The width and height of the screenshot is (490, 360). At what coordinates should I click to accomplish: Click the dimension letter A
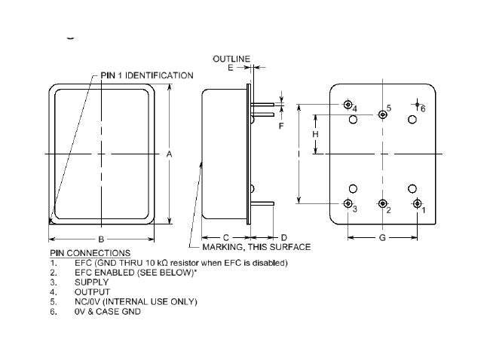pos(170,154)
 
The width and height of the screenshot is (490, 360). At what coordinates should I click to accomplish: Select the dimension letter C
pos(225,237)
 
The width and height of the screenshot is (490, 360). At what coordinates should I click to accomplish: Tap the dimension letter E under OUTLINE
pos(231,68)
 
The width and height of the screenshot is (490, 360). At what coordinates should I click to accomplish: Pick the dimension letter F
pos(280,126)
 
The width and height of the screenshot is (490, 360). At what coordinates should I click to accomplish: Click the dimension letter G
pos(382,238)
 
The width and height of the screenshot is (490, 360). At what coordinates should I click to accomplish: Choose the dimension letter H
pos(316,133)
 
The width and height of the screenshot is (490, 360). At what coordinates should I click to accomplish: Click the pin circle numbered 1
pos(418,203)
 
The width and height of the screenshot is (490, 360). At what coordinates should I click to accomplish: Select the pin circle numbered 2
pos(383,203)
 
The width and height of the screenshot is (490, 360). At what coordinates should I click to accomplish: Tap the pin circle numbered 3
pos(348,203)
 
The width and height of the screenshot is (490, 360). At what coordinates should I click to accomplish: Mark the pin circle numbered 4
pos(348,105)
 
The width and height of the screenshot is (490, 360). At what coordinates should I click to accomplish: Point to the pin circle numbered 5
pos(383,114)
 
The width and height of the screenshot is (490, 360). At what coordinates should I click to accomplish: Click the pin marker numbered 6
pos(417,105)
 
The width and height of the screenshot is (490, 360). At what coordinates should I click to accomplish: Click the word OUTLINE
pos(231,58)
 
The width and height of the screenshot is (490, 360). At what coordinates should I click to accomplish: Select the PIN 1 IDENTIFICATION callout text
pos(147,75)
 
